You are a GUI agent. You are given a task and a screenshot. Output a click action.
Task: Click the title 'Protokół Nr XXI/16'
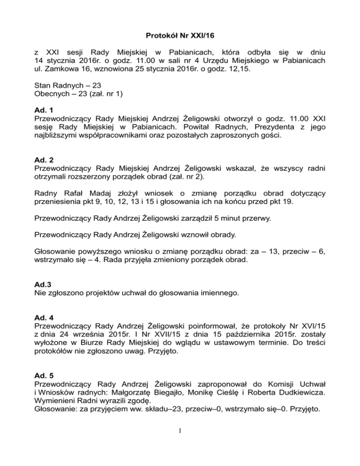(180, 34)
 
